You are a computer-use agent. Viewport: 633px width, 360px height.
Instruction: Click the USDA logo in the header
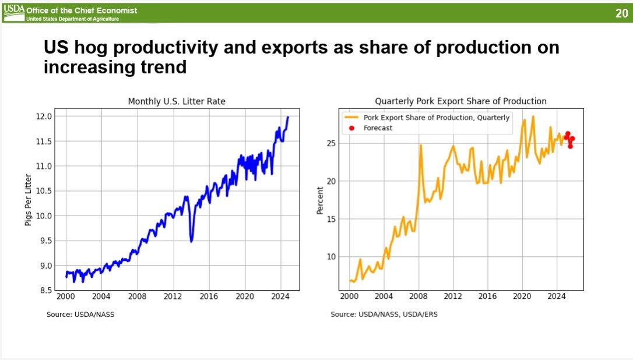14,10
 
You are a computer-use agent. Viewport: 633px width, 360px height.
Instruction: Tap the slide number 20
621,13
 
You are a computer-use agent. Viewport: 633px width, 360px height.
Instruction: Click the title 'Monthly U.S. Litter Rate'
177,101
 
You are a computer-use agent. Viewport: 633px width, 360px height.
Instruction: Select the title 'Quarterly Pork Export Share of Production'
460,101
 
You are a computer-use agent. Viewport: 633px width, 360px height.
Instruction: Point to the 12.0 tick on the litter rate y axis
44,117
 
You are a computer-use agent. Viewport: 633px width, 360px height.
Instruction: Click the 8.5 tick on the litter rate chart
44,290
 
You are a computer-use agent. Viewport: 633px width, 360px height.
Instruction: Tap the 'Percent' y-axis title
319,200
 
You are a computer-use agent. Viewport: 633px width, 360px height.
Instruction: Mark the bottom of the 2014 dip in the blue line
191,241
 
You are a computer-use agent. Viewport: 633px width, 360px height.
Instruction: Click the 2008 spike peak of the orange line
420,145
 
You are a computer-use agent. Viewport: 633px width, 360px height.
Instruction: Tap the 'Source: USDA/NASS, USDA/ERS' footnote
384,315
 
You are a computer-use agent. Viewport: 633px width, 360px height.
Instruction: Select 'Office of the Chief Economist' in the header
82,10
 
